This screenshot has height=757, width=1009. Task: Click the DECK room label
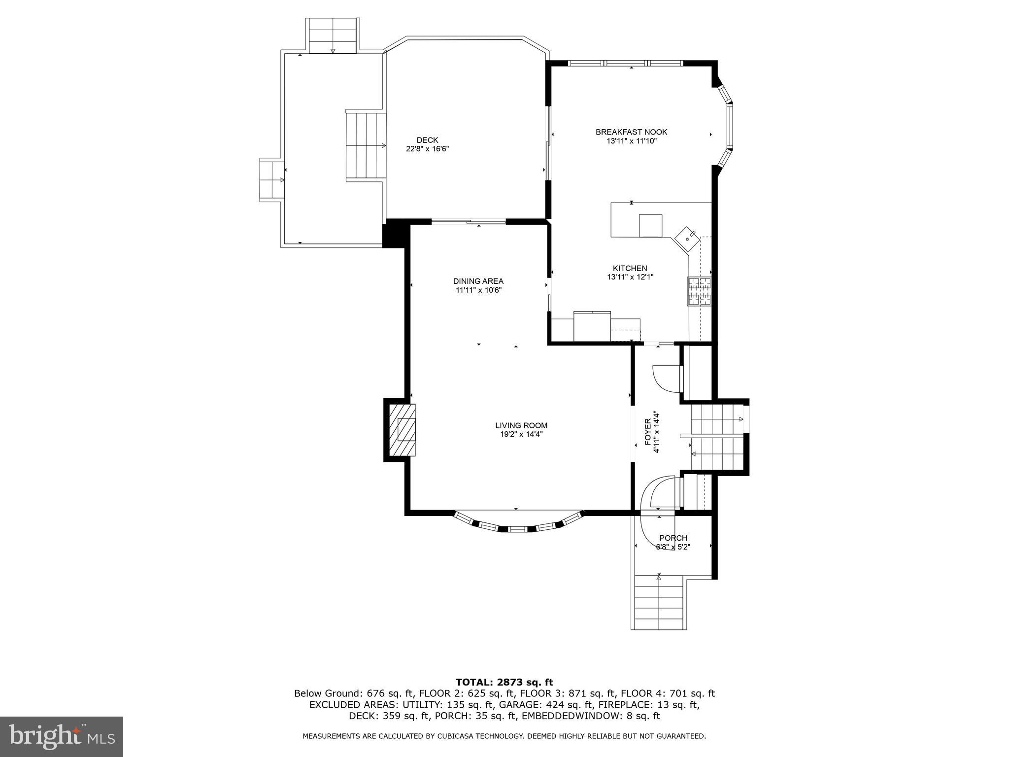[x=427, y=140]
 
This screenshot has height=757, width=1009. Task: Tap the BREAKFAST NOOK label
[x=631, y=132]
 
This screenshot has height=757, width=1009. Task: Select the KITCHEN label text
[x=630, y=268]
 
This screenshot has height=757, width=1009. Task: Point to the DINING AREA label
[x=478, y=281]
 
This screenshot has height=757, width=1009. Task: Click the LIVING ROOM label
[x=521, y=425]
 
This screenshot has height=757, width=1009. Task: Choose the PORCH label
[x=673, y=538]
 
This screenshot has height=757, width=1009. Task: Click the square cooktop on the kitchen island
[x=651, y=226]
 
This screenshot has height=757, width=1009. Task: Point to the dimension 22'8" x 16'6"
[x=427, y=149]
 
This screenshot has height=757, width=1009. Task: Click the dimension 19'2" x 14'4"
[x=521, y=434]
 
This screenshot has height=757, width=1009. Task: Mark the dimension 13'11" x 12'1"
[x=630, y=277]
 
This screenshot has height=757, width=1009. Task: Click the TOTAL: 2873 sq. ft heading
[x=504, y=682]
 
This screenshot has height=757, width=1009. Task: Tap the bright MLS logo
[x=62, y=736]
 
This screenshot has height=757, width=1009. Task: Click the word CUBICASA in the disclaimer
[x=498, y=736]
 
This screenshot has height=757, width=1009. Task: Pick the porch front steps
[x=659, y=602]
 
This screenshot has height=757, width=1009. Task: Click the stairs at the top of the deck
[x=333, y=35]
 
